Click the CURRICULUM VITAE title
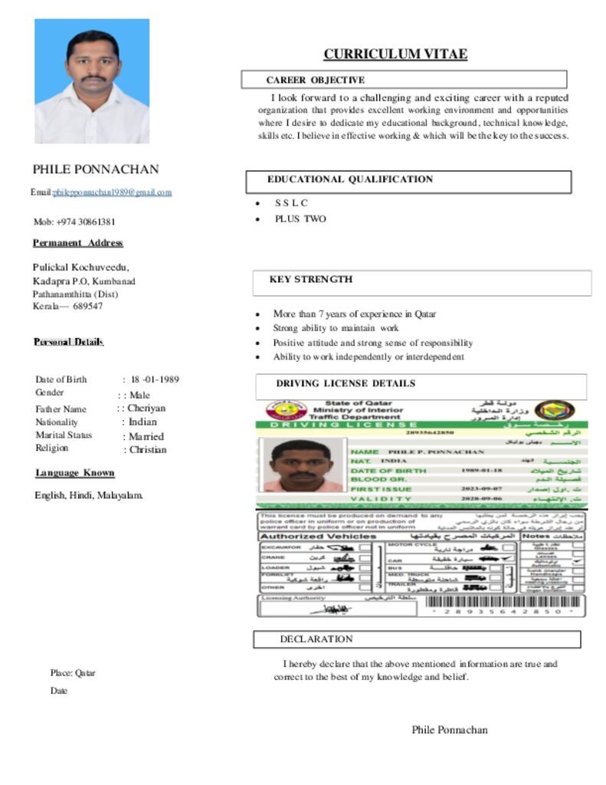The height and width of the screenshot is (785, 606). (395, 54)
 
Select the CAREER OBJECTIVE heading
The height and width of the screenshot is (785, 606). (315, 80)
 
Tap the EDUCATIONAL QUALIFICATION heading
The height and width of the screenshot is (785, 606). (350, 179)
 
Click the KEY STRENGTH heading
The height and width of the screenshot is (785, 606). (310, 280)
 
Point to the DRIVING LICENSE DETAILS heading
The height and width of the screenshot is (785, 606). (346, 383)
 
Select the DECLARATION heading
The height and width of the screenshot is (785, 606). (316, 639)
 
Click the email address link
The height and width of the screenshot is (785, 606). (113, 192)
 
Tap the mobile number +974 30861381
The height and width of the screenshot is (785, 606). (74, 222)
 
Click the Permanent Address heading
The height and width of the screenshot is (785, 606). (77, 243)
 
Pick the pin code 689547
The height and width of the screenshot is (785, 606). (87, 307)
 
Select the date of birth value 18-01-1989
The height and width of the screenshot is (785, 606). (155, 379)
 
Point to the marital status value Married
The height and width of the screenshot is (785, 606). (146, 436)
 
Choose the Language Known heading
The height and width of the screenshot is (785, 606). (74, 473)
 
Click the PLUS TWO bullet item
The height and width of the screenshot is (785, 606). (300, 219)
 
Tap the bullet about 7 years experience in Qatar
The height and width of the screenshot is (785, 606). (354, 314)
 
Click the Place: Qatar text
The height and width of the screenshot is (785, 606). (73, 673)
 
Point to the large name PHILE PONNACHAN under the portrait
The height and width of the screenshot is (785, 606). (96, 169)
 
